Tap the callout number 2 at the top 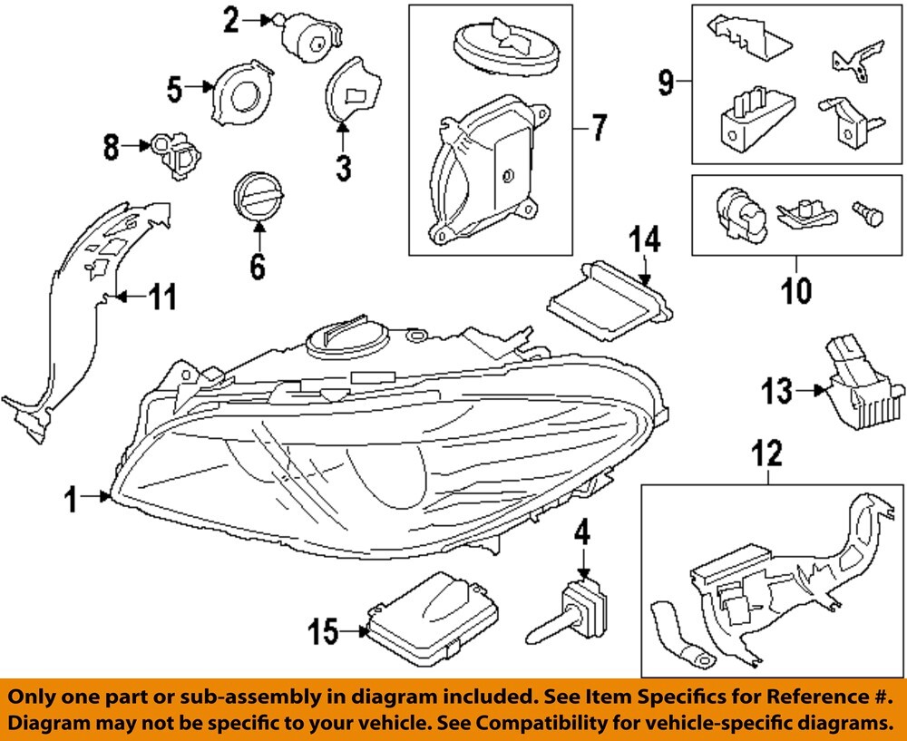[x=231, y=19]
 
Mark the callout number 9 [x=667, y=83]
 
